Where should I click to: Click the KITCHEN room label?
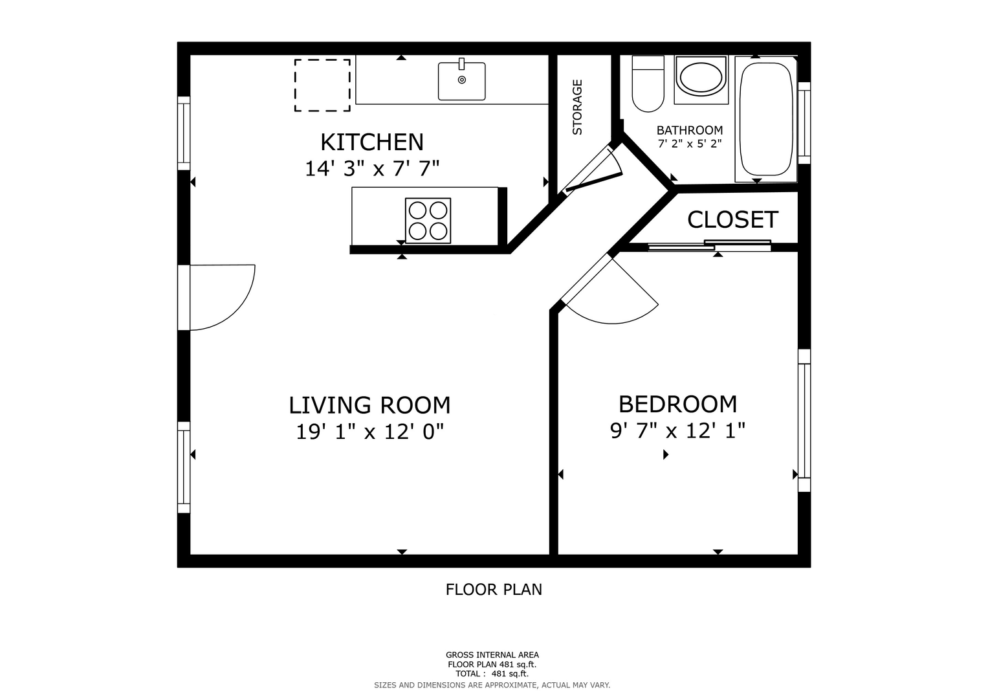pos(372,142)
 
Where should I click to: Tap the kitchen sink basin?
pos(461,81)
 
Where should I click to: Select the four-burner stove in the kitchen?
pos(428,221)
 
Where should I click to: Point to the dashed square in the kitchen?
pos(322,85)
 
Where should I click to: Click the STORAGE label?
pos(577,107)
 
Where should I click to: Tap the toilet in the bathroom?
pos(648,83)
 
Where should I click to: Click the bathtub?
pos(765,119)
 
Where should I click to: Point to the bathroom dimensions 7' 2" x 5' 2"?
pos(690,144)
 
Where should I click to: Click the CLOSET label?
pos(732,220)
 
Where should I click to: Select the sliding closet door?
pos(709,245)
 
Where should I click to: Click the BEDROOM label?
pos(677,405)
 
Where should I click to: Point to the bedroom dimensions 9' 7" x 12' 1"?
pos(677,430)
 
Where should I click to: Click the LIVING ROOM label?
pos(369,405)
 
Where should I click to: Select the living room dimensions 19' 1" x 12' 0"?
pos(369,432)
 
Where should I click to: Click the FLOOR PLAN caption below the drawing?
pos(494,590)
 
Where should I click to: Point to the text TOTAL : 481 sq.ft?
pos(492,674)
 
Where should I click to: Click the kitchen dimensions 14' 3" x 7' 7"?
pos(372,168)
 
